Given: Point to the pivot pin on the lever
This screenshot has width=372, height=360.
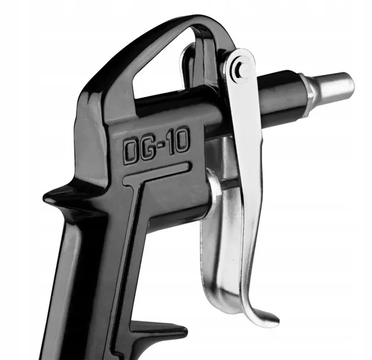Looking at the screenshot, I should (238, 68).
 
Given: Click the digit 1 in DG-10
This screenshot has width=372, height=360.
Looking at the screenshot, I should (172, 145).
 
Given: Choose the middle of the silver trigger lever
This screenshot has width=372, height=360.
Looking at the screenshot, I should (242, 195).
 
